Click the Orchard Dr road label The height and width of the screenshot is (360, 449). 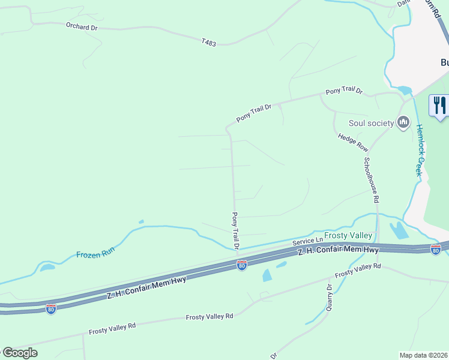coord(82,26)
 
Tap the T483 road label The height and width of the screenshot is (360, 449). coord(209,42)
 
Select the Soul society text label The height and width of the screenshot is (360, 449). coord(371,124)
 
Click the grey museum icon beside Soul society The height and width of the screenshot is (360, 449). coord(403,123)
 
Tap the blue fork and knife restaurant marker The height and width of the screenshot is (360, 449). coord(439,106)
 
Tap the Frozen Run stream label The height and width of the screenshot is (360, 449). coord(95,254)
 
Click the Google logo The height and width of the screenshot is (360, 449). coord(19,353)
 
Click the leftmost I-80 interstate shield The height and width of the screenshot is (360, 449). coord(51,309)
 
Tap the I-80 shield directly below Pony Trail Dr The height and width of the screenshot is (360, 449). coord(241,265)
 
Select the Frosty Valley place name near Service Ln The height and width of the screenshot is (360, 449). coord(348,235)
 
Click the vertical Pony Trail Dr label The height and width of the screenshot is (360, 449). coord(236,230)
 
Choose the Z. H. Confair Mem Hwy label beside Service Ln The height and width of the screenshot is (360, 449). coord(338,250)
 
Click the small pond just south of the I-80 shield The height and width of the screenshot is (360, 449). coord(267,275)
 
